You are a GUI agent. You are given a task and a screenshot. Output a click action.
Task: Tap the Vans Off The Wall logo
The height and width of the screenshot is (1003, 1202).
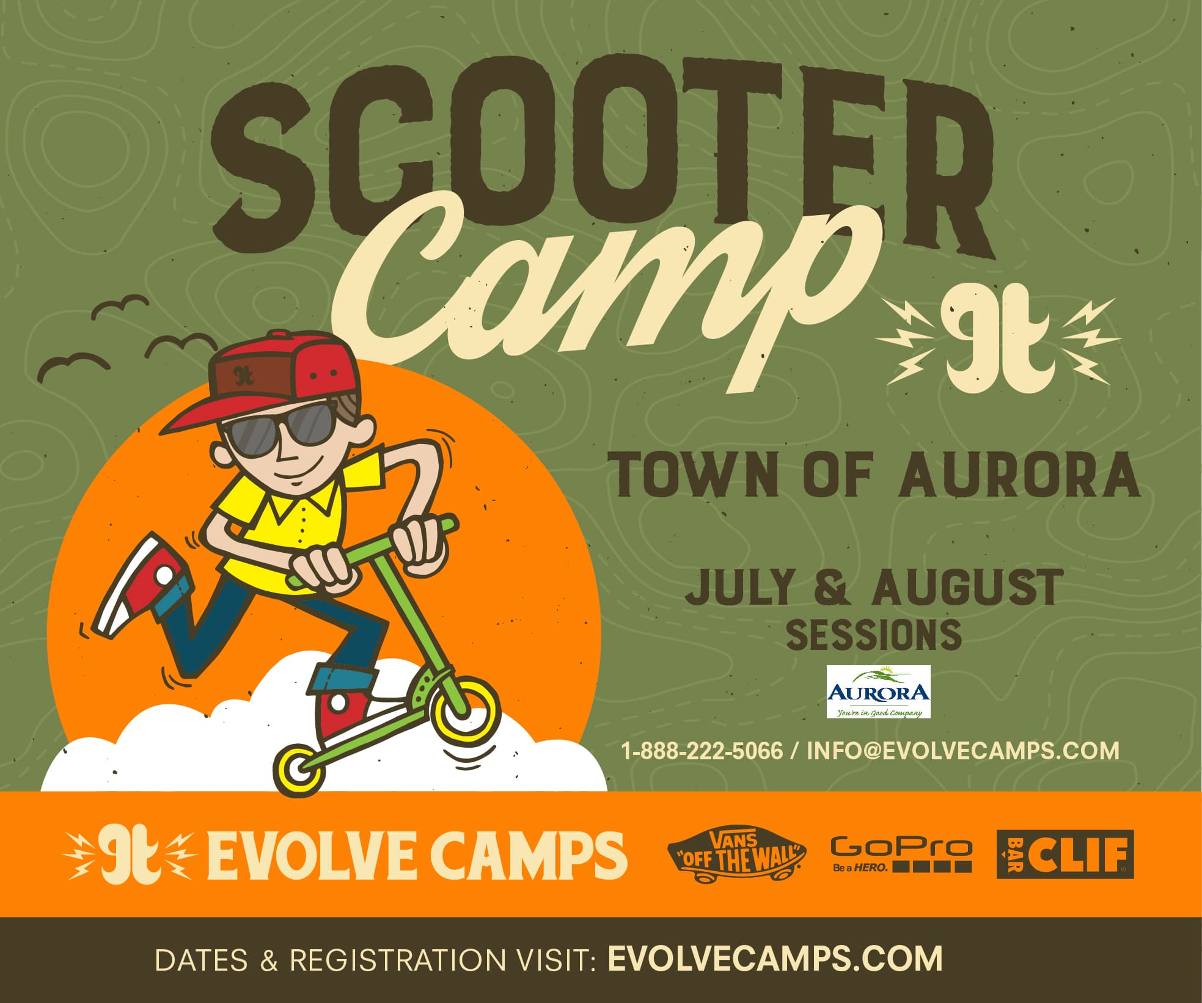pos(736,855)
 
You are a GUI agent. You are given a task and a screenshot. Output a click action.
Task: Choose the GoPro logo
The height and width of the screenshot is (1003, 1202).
pos(901,855)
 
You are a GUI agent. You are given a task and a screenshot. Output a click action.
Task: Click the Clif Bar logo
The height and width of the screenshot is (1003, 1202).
pos(1065,854)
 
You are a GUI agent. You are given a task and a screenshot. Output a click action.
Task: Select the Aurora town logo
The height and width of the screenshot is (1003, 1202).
pos(878,692)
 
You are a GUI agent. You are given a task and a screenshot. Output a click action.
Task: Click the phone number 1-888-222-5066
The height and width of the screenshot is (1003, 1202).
pos(702,750)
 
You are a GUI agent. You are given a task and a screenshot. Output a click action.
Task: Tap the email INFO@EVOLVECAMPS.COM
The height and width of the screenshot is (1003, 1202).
pos(963,750)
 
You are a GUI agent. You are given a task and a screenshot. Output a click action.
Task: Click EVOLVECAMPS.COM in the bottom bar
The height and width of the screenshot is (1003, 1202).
pos(775,958)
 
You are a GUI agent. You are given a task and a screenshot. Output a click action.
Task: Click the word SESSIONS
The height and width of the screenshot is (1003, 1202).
pos(873,635)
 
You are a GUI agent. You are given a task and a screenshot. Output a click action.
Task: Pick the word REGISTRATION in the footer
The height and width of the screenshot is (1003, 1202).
pos(397,959)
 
